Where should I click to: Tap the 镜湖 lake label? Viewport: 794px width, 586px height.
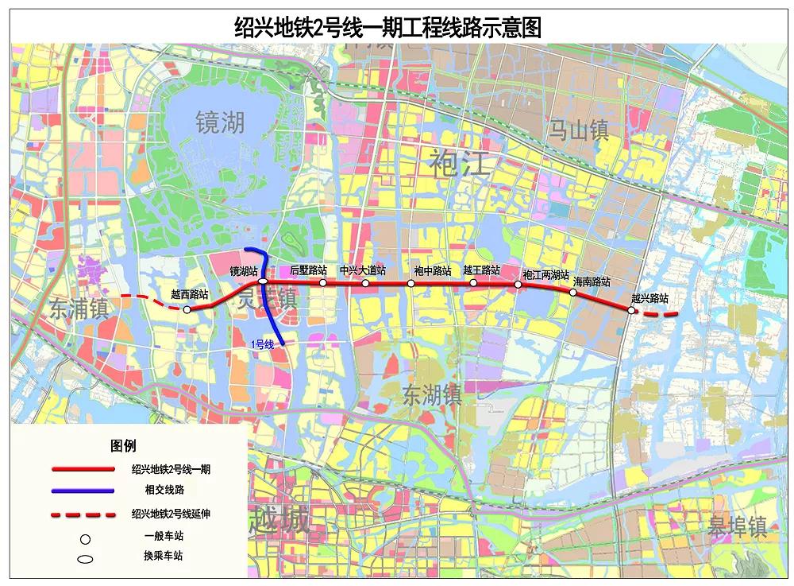(x=220, y=122)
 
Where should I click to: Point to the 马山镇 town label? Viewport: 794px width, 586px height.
(x=579, y=130)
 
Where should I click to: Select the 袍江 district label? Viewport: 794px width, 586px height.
(x=460, y=163)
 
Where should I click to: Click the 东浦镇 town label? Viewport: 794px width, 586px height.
(x=78, y=309)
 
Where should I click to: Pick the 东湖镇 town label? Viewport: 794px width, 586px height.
(x=431, y=395)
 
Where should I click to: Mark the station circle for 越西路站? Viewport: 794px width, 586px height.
(x=187, y=310)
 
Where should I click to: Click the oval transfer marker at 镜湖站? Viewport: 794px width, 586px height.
(x=263, y=281)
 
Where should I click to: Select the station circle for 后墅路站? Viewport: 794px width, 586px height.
(x=323, y=282)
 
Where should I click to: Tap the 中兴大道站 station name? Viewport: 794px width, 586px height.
(x=362, y=270)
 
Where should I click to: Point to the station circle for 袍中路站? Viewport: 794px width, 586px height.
(x=411, y=283)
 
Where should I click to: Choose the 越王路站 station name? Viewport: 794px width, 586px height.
(x=481, y=270)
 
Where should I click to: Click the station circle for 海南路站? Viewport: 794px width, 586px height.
(x=573, y=293)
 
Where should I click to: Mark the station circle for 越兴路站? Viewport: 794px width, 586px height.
(x=631, y=311)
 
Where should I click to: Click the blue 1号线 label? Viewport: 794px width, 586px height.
(x=262, y=344)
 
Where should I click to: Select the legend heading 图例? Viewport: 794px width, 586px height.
(x=123, y=446)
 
